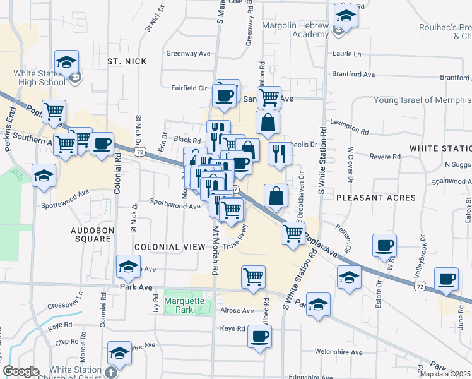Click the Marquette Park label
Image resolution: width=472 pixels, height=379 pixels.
(184, 305)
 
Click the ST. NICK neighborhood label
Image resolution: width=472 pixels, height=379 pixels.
(127, 61)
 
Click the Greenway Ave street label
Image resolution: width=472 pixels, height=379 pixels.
(188, 54)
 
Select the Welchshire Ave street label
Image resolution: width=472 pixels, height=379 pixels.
(339, 352)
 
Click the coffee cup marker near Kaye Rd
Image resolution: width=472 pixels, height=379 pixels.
(259, 336)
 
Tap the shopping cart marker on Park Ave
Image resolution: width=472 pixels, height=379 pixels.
(253, 276)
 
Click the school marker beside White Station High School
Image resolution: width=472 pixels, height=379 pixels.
(66, 62)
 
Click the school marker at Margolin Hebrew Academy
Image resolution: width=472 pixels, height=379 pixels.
(345, 16)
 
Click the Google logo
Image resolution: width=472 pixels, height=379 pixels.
(21, 371)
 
